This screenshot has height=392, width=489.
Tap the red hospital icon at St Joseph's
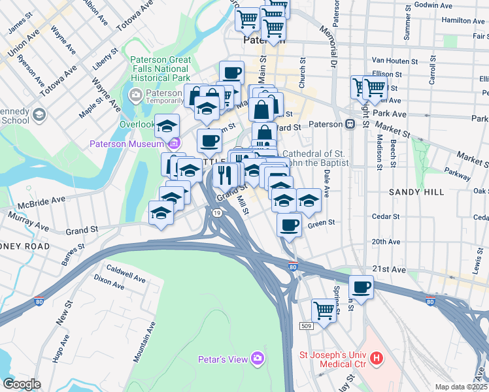tap(376, 358)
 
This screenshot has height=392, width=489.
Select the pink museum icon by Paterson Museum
tap(173, 144)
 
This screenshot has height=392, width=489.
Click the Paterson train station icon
tap(350, 124)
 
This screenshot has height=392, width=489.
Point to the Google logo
tap(22, 384)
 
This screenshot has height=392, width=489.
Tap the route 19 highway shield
tap(216, 212)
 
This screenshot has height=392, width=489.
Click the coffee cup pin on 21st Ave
tap(360, 286)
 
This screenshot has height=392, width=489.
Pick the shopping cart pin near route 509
tap(324, 310)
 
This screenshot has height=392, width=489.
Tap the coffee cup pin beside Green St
tap(289, 225)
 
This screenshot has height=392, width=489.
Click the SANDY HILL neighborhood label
tap(416, 192)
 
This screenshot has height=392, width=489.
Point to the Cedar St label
tap(386, 216)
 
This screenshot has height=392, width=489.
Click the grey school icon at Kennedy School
tap(39, 116)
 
